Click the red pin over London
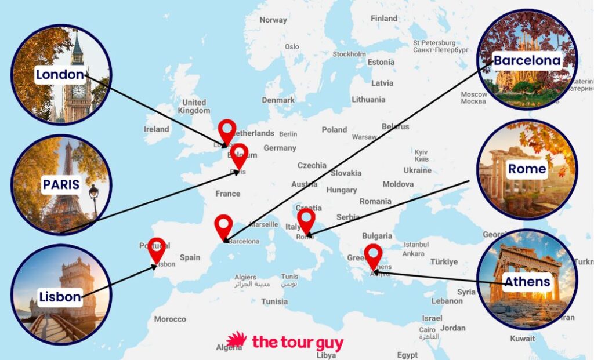tap(227, 130)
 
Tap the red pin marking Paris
tap(239, 154)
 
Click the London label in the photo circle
tap(60, 75)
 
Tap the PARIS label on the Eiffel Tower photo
tap(60, 185)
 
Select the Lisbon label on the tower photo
tap(60, 297)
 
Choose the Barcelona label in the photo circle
tap(527, 60)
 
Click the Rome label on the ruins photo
tap(527, 169)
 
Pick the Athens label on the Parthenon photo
tap(527, 282)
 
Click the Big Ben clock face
tap(77, 92)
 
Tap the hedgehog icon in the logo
tap(236, 340)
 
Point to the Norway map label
tap(273, 20)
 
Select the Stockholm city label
tap(349, 54)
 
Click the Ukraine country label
tap(418, 170)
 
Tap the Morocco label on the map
tap(170, 319)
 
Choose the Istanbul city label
tap(415, 245)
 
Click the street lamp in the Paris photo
tap(93, 194)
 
